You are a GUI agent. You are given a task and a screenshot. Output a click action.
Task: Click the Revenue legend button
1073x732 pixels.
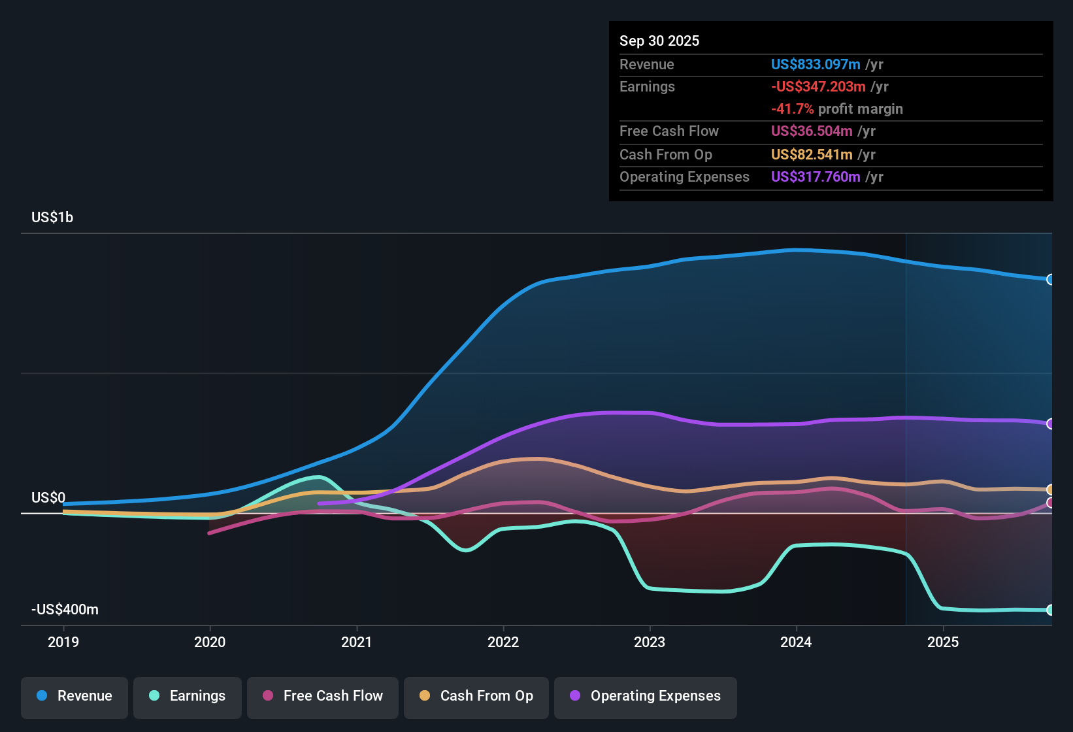coord(74,696)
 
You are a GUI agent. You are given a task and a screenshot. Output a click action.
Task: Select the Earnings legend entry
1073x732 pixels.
coord(188,696)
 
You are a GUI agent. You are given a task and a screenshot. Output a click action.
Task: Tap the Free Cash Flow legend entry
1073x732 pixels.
coord(323,696)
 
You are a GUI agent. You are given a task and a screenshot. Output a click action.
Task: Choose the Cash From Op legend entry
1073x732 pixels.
coord(476,696)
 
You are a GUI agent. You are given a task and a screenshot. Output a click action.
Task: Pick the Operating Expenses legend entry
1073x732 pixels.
coord(646,696)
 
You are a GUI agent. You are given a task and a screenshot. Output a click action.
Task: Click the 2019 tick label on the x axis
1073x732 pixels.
coord(63,642)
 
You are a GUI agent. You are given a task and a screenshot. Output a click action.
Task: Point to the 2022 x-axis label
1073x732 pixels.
coord(503,642)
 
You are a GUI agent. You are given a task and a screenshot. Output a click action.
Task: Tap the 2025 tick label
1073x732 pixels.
coord(943,642)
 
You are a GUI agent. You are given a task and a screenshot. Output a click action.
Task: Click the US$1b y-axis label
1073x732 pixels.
coord(52,218)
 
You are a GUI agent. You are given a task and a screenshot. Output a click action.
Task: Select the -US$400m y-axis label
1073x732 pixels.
coord(65,610)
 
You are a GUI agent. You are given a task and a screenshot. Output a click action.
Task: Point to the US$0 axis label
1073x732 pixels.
coord(48,498)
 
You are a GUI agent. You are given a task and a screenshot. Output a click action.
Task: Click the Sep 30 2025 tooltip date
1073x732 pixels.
coord(659,41)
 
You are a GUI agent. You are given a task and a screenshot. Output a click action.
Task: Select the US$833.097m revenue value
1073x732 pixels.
coord(816,65)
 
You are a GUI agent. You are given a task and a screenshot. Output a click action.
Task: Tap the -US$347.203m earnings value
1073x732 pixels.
coord(818,87)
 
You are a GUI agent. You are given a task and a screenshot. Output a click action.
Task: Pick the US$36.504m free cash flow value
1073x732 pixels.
coord(812,131)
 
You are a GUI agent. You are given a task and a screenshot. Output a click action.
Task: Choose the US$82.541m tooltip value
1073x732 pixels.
coord(812,155)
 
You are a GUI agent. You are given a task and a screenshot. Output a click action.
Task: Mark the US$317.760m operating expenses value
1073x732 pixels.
coord(816,177)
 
